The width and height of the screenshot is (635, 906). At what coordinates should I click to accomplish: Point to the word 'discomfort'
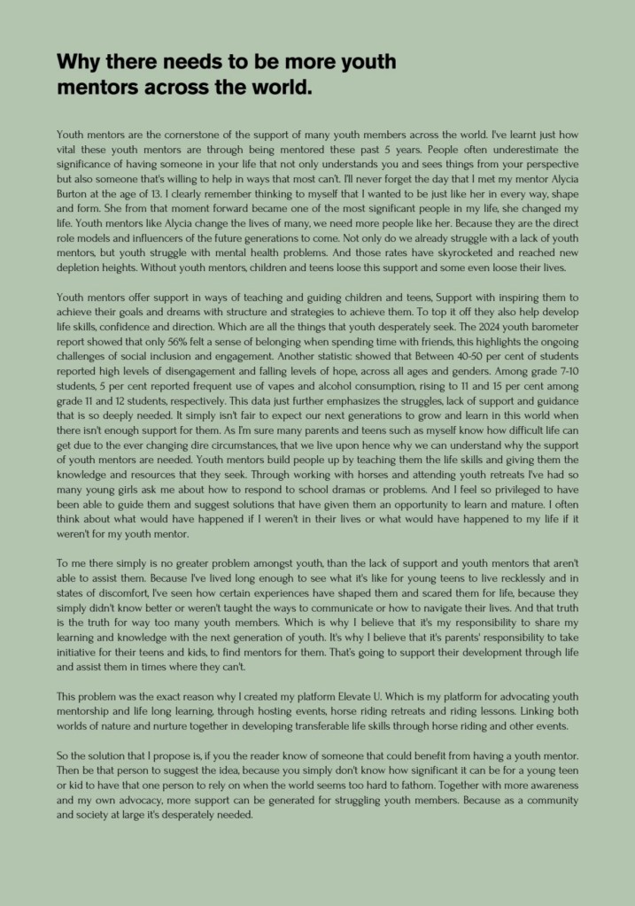[116, 592]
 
